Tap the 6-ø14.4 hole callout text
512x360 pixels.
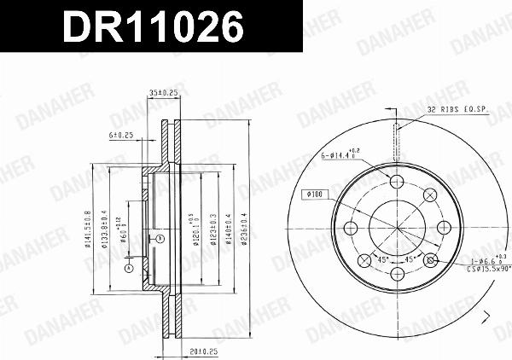(340, 155)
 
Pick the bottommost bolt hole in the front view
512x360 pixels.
(398, 273)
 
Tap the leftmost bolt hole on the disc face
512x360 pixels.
(350, 227)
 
